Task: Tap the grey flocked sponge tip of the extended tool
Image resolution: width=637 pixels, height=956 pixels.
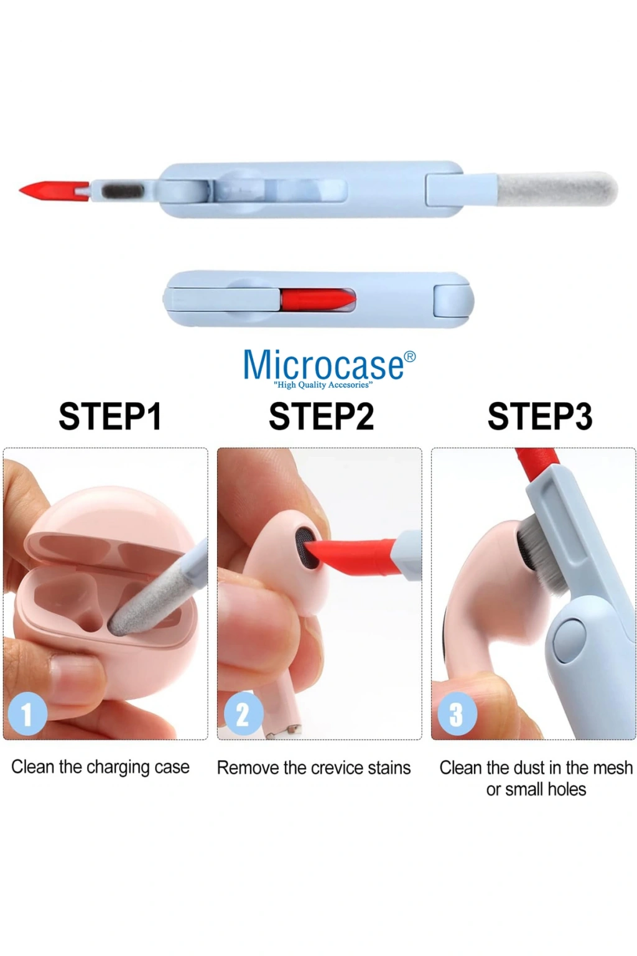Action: point(557,190)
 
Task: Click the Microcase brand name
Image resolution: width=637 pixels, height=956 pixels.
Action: point(323,364)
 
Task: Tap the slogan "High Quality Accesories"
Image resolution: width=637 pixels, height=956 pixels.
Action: point(323,385)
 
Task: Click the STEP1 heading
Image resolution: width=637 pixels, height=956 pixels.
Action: point(110,416)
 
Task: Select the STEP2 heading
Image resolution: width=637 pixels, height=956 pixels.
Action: point(321,416)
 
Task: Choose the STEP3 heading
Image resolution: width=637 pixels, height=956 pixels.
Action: point(540,416)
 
